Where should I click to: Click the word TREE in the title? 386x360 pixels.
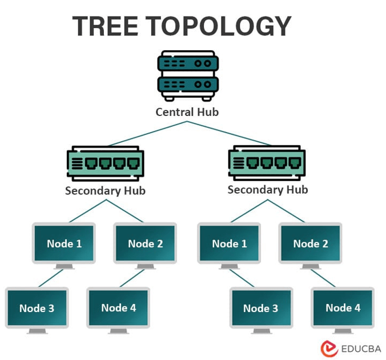pos(106,26)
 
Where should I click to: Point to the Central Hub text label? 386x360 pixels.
pos(187,112)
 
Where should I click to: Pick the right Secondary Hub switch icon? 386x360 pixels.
pos(267,163)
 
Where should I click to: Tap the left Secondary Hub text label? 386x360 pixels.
pos(105,191)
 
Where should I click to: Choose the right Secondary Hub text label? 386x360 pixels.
pos(267,189)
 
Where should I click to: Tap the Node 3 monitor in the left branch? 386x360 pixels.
pos(37,308)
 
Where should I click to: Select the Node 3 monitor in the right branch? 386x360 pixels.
pos(261,308)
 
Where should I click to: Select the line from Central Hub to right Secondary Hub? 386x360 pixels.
pos(228,133)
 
